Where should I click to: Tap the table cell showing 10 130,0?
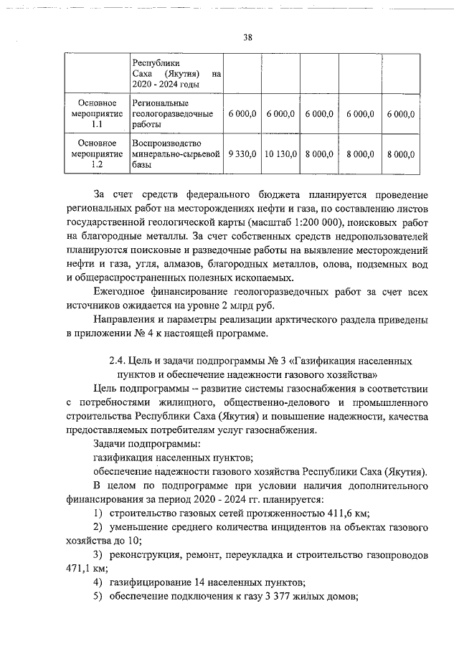point(280,153)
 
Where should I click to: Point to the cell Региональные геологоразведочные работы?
point(174,114)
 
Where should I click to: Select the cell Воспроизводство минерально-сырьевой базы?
point(174,153)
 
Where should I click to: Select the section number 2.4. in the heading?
point(118,361)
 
